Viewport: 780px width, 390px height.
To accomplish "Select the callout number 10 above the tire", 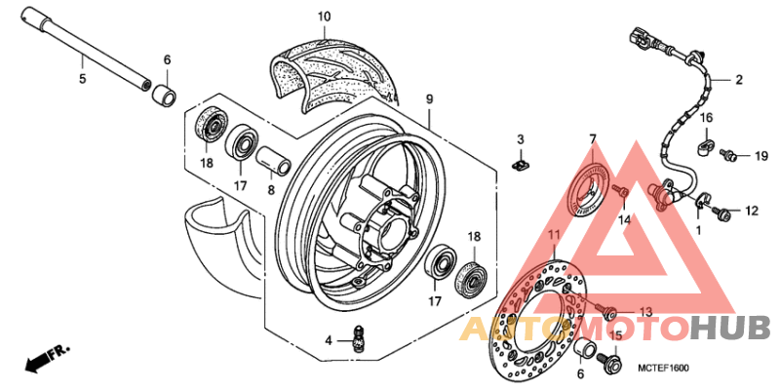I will coord(324,17).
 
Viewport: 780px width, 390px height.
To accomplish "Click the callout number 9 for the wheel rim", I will coord(428,98).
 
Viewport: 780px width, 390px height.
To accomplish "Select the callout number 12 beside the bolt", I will coord(751,211).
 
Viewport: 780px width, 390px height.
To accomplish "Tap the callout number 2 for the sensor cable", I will coord(738,80).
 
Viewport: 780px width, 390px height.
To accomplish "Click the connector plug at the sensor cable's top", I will coord(639,40).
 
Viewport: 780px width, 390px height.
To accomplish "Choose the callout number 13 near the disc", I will coord(644,311).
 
